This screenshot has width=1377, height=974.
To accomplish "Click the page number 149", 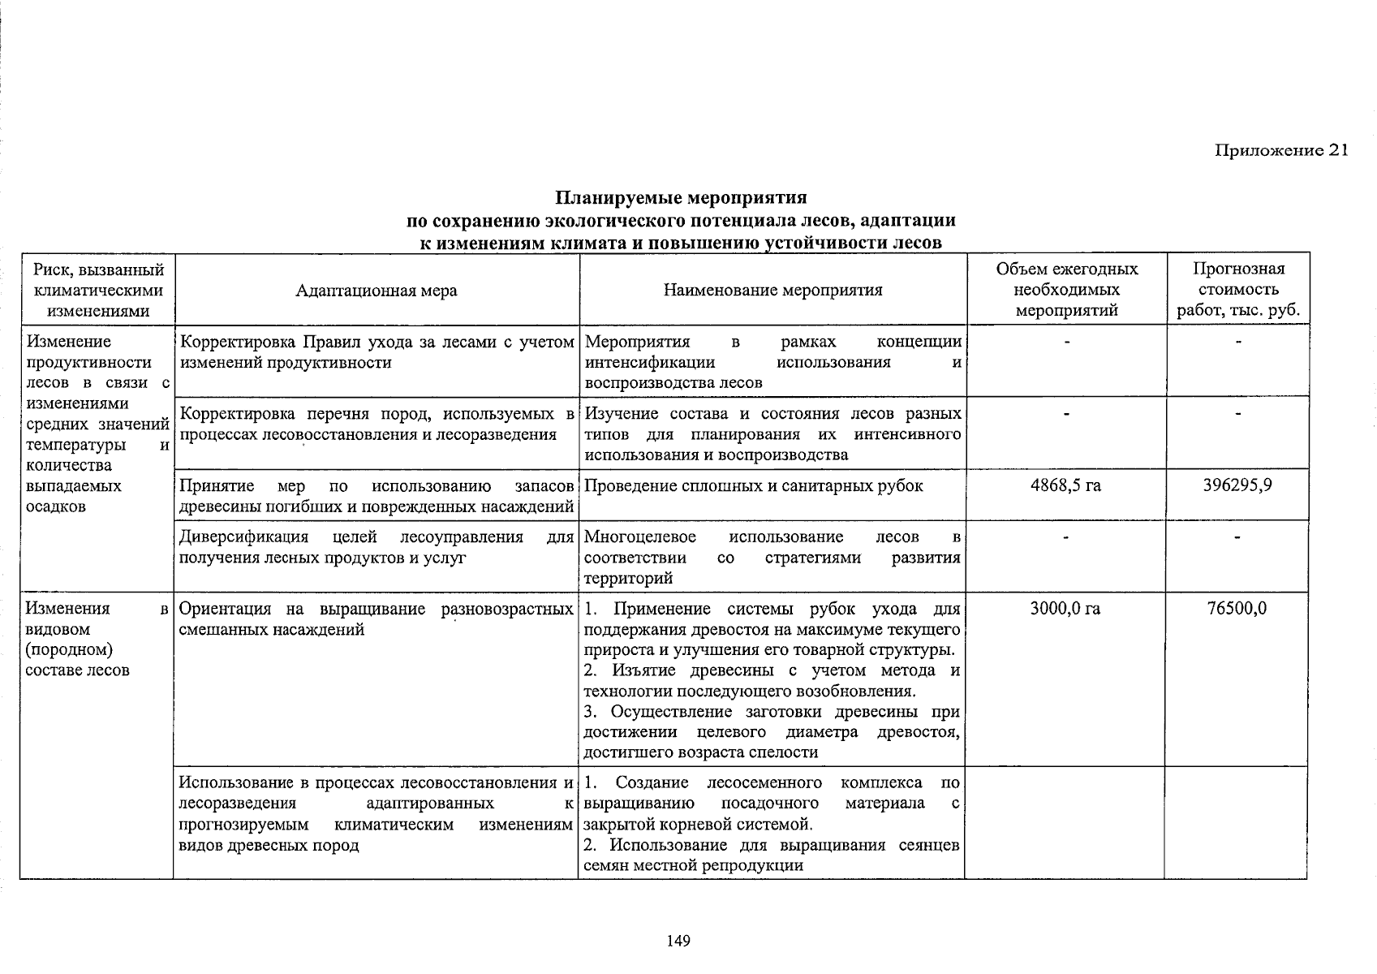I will [678, 941].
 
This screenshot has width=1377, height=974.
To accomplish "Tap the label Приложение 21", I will [1280, 150].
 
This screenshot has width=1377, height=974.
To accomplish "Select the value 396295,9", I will [1237, 485].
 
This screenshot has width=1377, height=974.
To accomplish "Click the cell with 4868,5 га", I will [1065, 485].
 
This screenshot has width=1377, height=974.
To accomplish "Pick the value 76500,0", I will [1237, 608].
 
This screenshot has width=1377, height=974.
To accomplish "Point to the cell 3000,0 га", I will [1065, 608].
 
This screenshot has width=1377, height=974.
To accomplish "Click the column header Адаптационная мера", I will [376, 291].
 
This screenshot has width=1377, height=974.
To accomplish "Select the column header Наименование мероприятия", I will [772, 290].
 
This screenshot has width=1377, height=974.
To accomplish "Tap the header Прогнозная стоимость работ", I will [1238, 290].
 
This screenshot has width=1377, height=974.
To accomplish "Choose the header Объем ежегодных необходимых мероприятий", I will [1066, 290].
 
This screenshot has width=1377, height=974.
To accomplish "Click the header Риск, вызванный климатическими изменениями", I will [98, 290].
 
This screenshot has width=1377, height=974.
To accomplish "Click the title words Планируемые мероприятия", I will [681, 198].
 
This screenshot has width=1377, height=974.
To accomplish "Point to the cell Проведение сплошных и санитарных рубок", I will [753, 485].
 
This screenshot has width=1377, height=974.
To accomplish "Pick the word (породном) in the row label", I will [69, 649].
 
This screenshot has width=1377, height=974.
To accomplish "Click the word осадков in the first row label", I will [56, 506].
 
